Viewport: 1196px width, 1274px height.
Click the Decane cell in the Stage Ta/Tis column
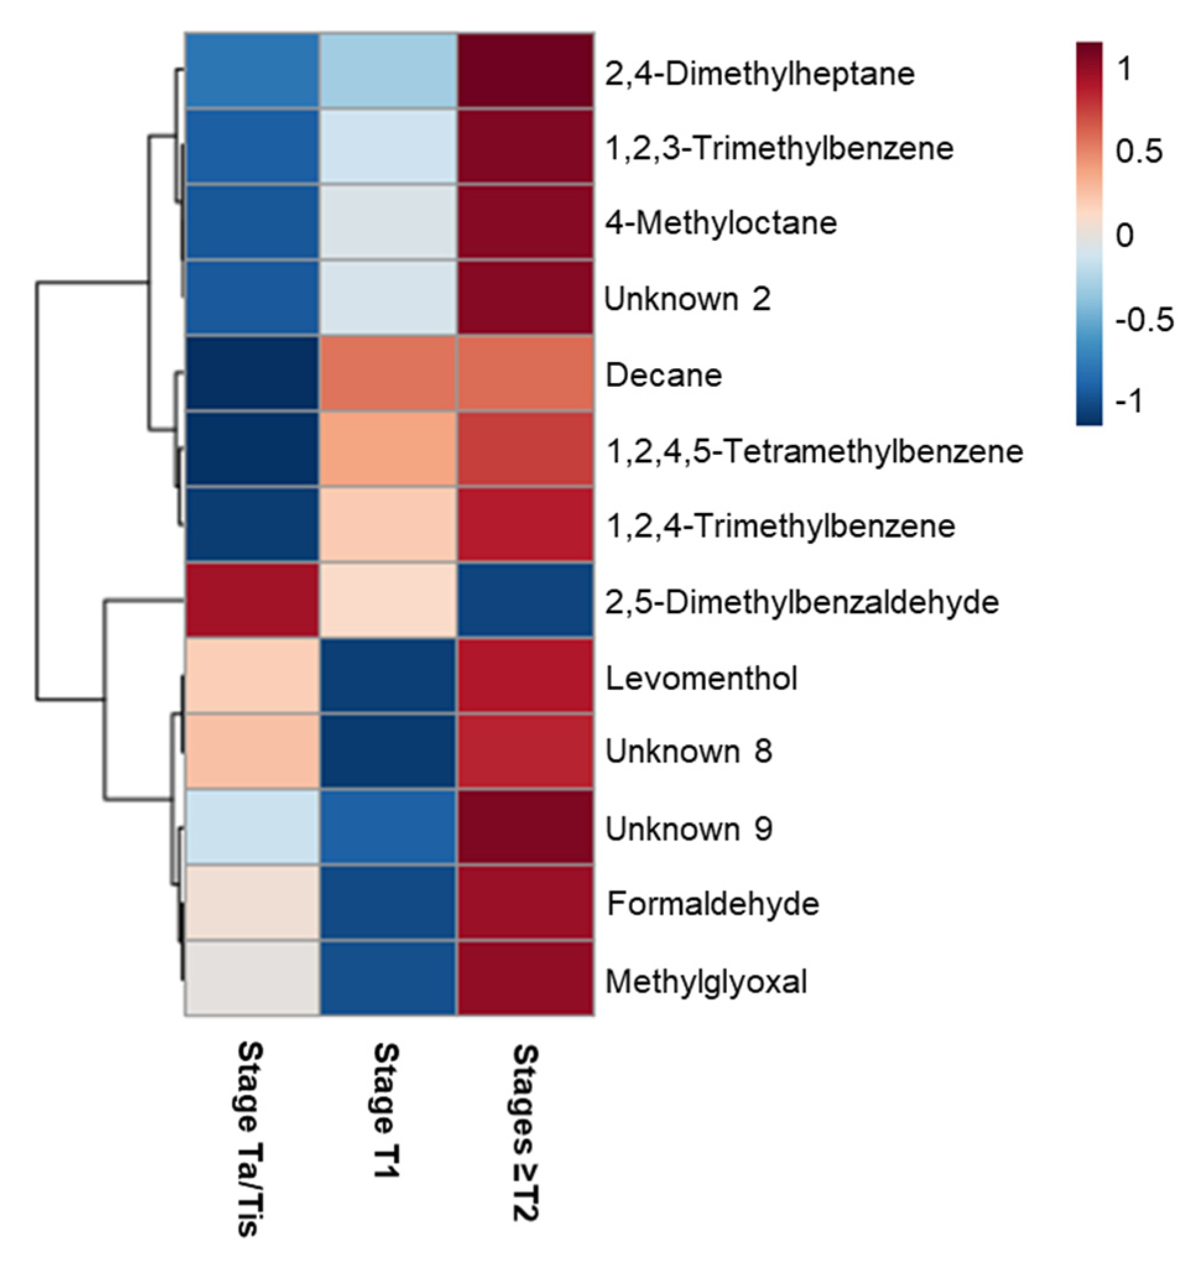coord(252,374)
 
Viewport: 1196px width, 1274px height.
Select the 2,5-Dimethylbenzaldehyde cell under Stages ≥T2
coord(525,601)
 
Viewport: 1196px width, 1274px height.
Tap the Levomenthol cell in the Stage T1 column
coord(389,677)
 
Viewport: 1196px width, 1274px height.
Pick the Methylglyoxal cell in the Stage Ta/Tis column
coord(252,979)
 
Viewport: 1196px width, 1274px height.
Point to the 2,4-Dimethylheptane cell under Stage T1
coord(389,71)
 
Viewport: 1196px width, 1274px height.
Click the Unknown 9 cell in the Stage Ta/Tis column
coord(252,828)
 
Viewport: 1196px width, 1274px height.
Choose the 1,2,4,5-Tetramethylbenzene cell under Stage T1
coord(389,450)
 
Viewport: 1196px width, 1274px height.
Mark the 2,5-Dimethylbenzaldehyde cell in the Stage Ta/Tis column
coord(252,601)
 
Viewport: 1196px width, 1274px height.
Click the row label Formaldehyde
coord(713,904)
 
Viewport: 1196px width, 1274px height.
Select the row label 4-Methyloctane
coord(721,223)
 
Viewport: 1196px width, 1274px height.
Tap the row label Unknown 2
coord(687,299)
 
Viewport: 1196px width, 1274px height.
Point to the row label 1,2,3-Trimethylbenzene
coord(780,148)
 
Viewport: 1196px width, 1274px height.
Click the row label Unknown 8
coord(689,751)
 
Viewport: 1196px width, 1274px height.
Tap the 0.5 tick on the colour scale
coord(1138,152)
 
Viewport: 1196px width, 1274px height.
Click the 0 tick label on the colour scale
coord(1124,236)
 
